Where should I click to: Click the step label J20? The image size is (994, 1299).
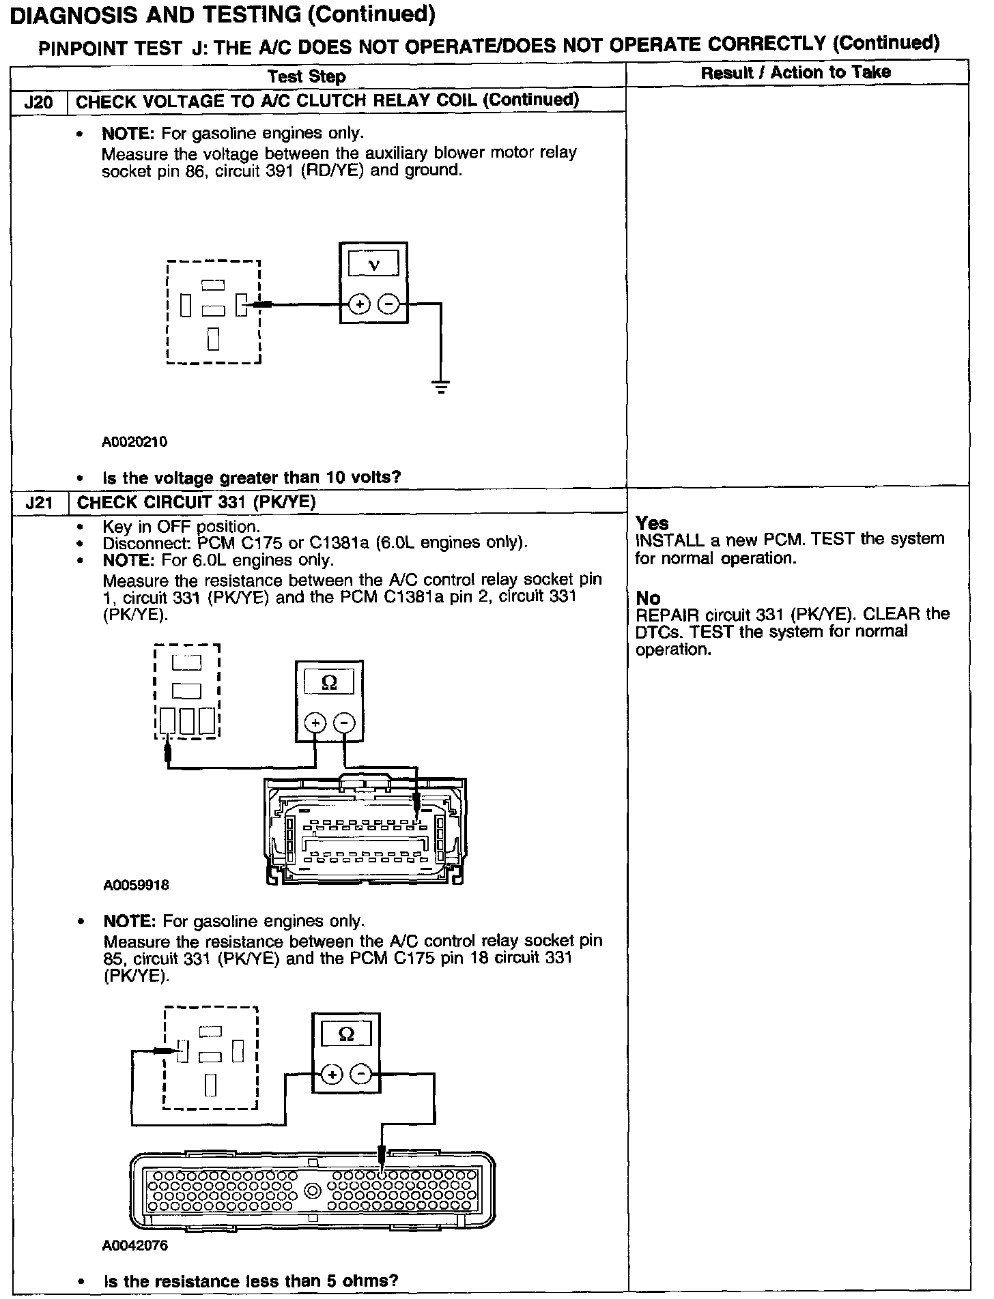point(38,102)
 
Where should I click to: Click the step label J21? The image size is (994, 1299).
point(39,503)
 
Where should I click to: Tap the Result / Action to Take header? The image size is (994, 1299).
point(795,72)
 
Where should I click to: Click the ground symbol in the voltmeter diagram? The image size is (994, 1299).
point(442,388)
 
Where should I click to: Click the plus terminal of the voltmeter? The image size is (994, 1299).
point(359,304)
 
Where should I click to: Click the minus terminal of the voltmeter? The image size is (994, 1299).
point(388,304)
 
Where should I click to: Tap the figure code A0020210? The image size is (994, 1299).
point(134,441)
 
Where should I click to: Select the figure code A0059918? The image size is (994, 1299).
point(137,886)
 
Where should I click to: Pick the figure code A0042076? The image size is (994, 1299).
point(135,1245)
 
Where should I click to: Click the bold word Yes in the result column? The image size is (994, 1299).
point(652,523)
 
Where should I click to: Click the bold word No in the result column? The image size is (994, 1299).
point(648,598)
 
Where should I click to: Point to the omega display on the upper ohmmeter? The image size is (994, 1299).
point(329,683)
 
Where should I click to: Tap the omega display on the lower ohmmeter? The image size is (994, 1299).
point(346,1035)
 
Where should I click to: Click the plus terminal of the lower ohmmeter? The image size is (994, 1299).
point(332,1075)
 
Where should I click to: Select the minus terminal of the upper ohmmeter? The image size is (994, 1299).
point(345,723)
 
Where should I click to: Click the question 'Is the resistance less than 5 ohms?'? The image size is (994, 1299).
point(251,1281)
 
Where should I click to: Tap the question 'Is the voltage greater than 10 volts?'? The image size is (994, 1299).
point(251,477)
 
